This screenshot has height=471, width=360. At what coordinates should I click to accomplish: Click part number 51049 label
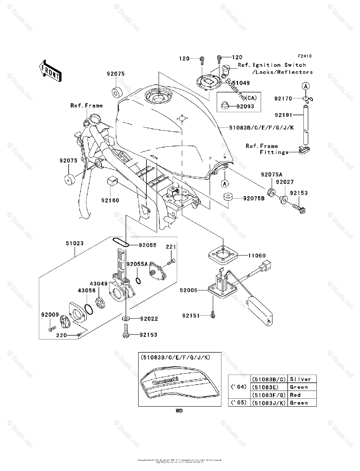click(241, 84)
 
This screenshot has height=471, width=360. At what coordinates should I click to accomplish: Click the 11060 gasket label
click(257, 256)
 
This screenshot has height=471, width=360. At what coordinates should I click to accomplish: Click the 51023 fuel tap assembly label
click(75, 243)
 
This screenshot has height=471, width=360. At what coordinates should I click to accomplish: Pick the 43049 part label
click(99, 283)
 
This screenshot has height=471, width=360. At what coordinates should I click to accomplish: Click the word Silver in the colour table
click(300, 379)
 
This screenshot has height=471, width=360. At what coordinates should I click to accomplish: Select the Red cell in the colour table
click(295, 395)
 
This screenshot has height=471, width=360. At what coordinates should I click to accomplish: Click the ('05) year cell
click(239, 403)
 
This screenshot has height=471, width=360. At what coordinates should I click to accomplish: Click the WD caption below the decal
click(179, 411)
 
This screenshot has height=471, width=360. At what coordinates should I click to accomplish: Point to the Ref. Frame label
click(86, 105)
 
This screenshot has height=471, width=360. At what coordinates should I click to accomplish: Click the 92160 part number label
click(110, 200)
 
